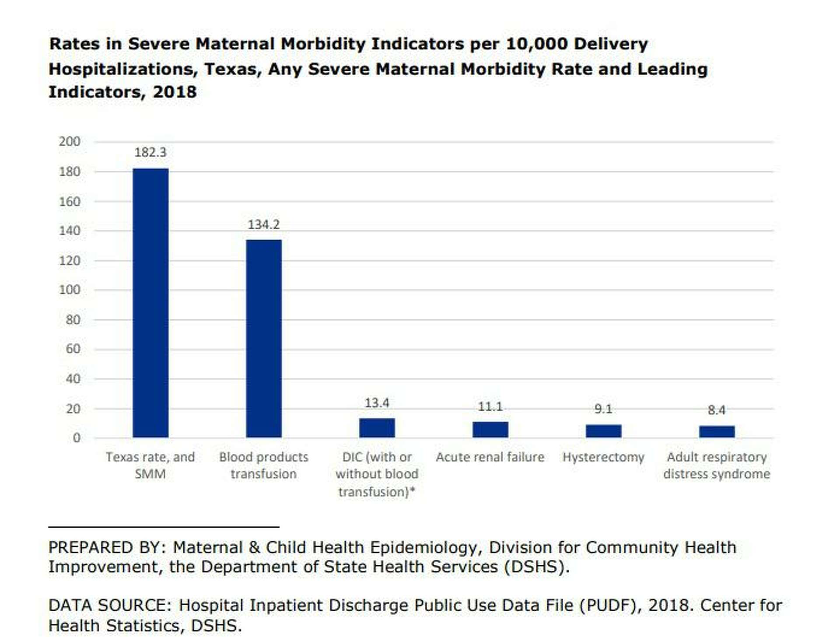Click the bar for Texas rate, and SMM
tap(150, 303)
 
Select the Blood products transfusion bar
tap(264, 339)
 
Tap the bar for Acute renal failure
tap(490, 430)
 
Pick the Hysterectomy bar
tap(604, 431)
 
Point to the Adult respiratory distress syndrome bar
tap(717, 432)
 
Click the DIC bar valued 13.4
tap(377, 428)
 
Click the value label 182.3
tap(150, 153)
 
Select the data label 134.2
tap(264, 224)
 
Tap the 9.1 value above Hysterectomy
tap(603, 409)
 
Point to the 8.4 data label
tap(717, 410)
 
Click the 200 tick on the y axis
tap(70, 142)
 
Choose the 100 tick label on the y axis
tap(70, 290)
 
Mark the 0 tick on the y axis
tap(77, 438)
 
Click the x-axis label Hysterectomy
tap(603, 457)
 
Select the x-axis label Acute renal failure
tap(490, 457)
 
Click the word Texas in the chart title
tap(231, 69)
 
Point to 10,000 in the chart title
tap(537, 44)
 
